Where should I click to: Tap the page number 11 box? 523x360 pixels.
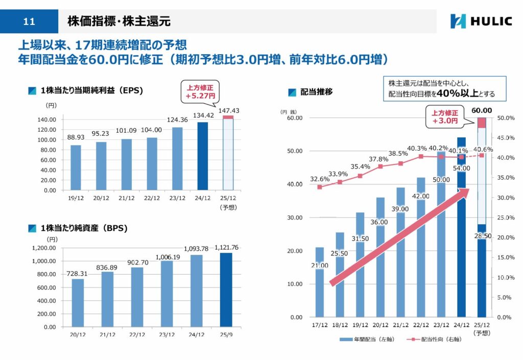[29, 21]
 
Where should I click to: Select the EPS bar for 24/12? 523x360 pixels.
[203, 156]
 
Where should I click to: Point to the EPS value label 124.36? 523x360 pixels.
[177, 120]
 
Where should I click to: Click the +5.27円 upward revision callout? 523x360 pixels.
[200, 91]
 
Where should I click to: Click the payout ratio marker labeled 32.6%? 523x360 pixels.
[320, 187]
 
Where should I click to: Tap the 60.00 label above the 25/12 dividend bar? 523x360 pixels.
[482, 110]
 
